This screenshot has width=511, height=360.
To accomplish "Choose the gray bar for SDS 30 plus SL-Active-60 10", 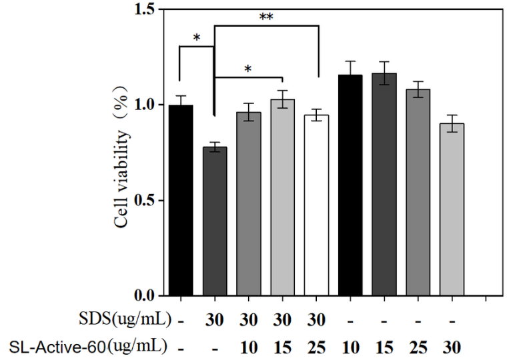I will pyautogui.click(x=248, y=203).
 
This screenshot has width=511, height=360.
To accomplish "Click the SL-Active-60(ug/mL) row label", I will pyautogui.click(x=91, y=347).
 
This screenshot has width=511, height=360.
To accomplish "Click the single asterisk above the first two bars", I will pyautogui.click(x=197, y=38).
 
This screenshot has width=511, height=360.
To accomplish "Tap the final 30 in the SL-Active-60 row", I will pyautogui.click(x=452, y=347).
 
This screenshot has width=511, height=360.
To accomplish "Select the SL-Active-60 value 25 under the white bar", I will pyautogui.click(x=317, y=347).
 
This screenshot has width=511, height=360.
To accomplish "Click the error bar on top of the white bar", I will pyautogui.click(x=316, y=115).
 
